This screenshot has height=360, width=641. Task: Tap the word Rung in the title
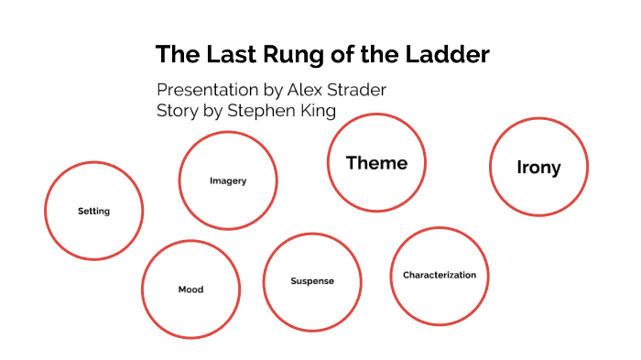coord(295,54)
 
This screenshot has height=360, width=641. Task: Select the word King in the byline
coord(319,111)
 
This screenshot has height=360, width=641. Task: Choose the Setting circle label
coord(93,212)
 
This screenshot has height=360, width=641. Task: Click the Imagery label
coord(228,180)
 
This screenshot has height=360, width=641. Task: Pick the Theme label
coord(376,163)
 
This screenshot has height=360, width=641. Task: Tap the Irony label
coord(538,168)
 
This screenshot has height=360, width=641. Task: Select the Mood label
coord(190,289)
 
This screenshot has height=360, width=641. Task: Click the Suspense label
coord(312,281)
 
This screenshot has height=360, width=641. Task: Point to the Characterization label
coord(440,275)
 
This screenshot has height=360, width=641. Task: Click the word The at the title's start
coord(177,54)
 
